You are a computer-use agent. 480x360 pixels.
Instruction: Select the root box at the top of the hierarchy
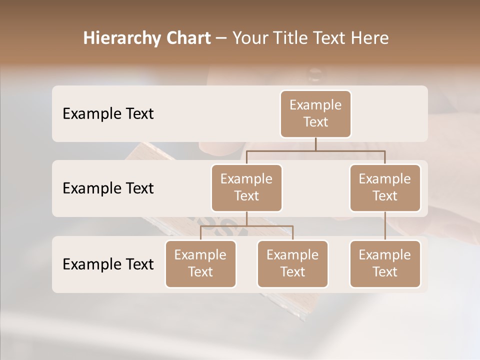point(315,113)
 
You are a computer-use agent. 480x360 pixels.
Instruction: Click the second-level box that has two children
point(246,187)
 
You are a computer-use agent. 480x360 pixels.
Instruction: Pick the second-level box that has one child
point(385,187)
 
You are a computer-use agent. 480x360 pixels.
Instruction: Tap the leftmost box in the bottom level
point(200,263)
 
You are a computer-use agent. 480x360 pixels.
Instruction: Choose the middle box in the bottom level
point(292,263)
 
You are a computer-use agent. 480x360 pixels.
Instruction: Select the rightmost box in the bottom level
point(385,263)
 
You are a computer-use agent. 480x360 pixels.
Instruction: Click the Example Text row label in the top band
point(108,114)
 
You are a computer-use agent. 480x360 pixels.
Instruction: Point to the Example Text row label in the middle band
point(108,188)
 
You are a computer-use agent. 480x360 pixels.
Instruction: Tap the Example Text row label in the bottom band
point(108,264)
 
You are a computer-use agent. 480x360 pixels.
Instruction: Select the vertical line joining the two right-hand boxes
point(385,225)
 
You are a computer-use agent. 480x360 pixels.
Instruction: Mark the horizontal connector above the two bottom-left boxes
point(246,226)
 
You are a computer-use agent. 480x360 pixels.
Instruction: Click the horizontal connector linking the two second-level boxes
point(315,150)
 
